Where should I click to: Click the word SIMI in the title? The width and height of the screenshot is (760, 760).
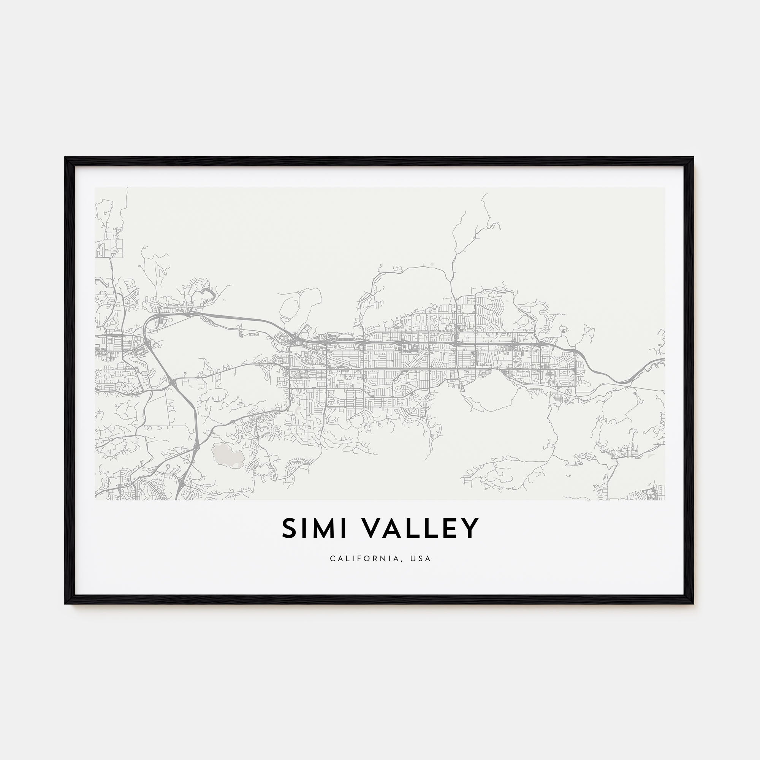tap(314, 529)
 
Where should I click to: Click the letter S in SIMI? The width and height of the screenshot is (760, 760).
tap(290, 529)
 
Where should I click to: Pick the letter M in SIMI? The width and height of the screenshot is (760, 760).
tap(321, 529)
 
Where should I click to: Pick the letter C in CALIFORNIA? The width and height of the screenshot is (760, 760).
tap(333, 559)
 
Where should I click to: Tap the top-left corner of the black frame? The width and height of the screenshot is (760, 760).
tap(66, 158)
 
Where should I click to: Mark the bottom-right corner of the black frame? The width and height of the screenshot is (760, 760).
tap(693, 603)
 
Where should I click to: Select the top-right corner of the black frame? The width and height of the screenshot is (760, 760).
tap(693, 158)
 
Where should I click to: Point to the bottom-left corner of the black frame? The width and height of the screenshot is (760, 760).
tap(66, 603)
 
